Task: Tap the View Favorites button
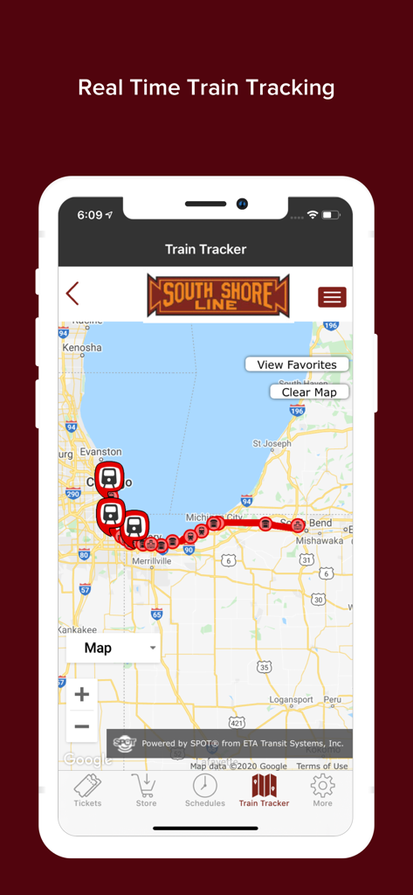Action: click(296, 364)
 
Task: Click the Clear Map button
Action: click(309, 392)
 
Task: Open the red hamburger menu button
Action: click(332, 297)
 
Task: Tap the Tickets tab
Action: click(87, 789)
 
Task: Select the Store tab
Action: click(146, 789)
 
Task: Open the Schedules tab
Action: click(205, 789)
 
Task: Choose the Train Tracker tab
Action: click(264, 789)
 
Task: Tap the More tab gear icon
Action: click(322, 785)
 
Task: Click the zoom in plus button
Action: click(82, 695)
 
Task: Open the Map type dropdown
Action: click(114, 648)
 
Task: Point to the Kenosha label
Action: click(81, 348)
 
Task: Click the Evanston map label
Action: click(100, 452)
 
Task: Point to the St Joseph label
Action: click(271, 443)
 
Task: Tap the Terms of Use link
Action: click(321, 767)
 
